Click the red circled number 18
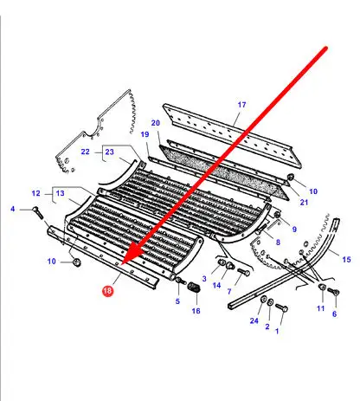click(x=107, y=290)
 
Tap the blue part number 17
click(x=241, y=105)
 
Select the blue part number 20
click(x=156, y=123)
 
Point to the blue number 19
click(x=145, y=134)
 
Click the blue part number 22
click(x=85, y=152)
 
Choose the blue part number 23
click(x=109, y=152)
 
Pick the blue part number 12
click(x=35, y=193)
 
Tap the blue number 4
click(x=12, y=209)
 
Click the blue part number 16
click(x=196, y=311)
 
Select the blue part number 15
click(x=346, y=259)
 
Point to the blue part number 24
click(x=254, y=320)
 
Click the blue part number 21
click(x=304, y=203)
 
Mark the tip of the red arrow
click(x=122, y=264)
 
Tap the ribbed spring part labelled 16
click(x=194, y=288)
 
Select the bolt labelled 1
click(x=281, y=307)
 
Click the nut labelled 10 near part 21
click(x=291, y=177)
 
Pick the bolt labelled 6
click(x=334, y=292)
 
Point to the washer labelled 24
click(x=263, y=300)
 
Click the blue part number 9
click(x=294, y=230)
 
